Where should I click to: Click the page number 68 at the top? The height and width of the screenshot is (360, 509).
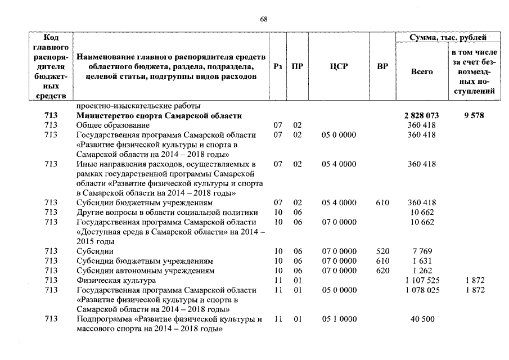point(264,19)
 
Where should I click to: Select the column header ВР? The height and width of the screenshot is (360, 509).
point(382,66)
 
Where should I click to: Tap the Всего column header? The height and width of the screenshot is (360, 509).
point(422,71)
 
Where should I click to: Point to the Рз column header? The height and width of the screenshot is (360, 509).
point(277,66)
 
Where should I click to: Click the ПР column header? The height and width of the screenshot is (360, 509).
point(298,66)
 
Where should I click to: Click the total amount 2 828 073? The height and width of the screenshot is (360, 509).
point(422,115)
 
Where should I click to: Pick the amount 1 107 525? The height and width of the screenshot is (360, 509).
point(422,280)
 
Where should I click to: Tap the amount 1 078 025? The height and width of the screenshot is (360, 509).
point(422,290)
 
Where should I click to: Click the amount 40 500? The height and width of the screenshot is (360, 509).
point(422,319)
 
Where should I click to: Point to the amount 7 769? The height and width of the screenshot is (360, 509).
point(422,251)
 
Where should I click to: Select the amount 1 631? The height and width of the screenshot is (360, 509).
point(422,261)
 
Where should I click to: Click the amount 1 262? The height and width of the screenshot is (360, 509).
point(422,271)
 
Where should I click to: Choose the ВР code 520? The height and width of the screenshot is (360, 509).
point(382,251)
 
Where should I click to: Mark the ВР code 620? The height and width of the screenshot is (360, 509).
point(382,271)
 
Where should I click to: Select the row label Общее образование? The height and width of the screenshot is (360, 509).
point(112,125)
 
